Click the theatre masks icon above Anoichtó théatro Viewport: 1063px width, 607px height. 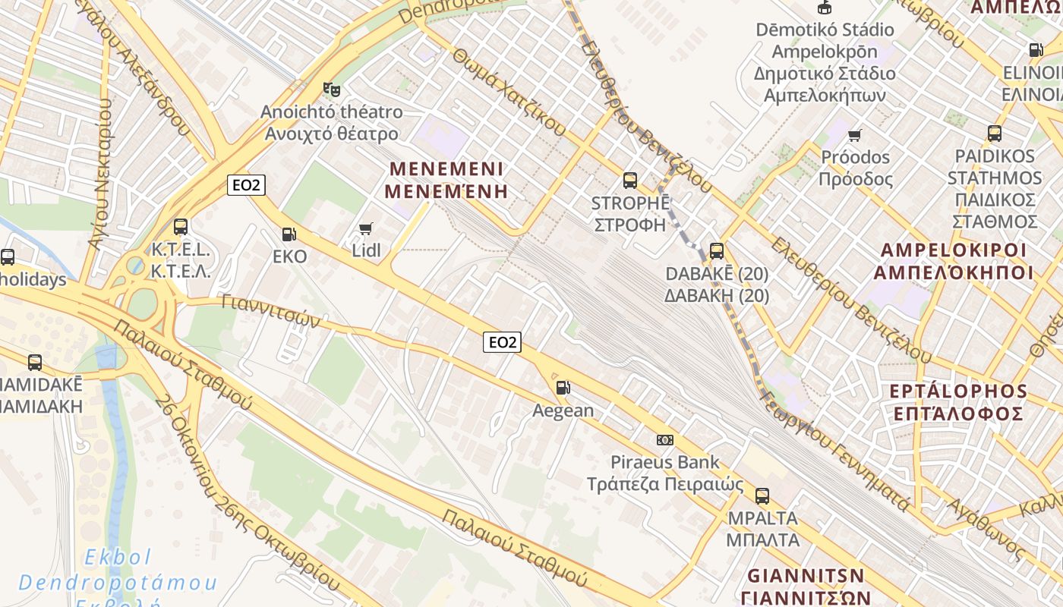(331, 90)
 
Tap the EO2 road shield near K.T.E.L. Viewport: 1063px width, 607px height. (246, 184)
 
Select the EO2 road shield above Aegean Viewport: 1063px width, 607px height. (502, 342)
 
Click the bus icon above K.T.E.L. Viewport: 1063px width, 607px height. (181, 226)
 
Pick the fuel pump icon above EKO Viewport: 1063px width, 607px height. (289, 234)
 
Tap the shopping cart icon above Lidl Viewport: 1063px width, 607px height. (366, 228)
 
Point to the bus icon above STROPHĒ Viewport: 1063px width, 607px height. (629, 180)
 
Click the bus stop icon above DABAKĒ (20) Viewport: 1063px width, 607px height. (716, 250)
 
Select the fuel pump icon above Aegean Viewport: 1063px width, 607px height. (563, 388)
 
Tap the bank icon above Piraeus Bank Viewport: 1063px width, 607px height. (664, 440)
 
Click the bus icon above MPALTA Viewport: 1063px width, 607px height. (762, 496)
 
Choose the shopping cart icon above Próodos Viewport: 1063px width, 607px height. (855, 135)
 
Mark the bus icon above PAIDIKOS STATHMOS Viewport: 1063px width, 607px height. (994, 134)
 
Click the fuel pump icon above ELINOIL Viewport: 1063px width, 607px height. (1036, 50)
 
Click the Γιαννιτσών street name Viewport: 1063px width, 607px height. (271, 311)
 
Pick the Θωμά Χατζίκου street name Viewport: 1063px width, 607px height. (509, 93)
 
